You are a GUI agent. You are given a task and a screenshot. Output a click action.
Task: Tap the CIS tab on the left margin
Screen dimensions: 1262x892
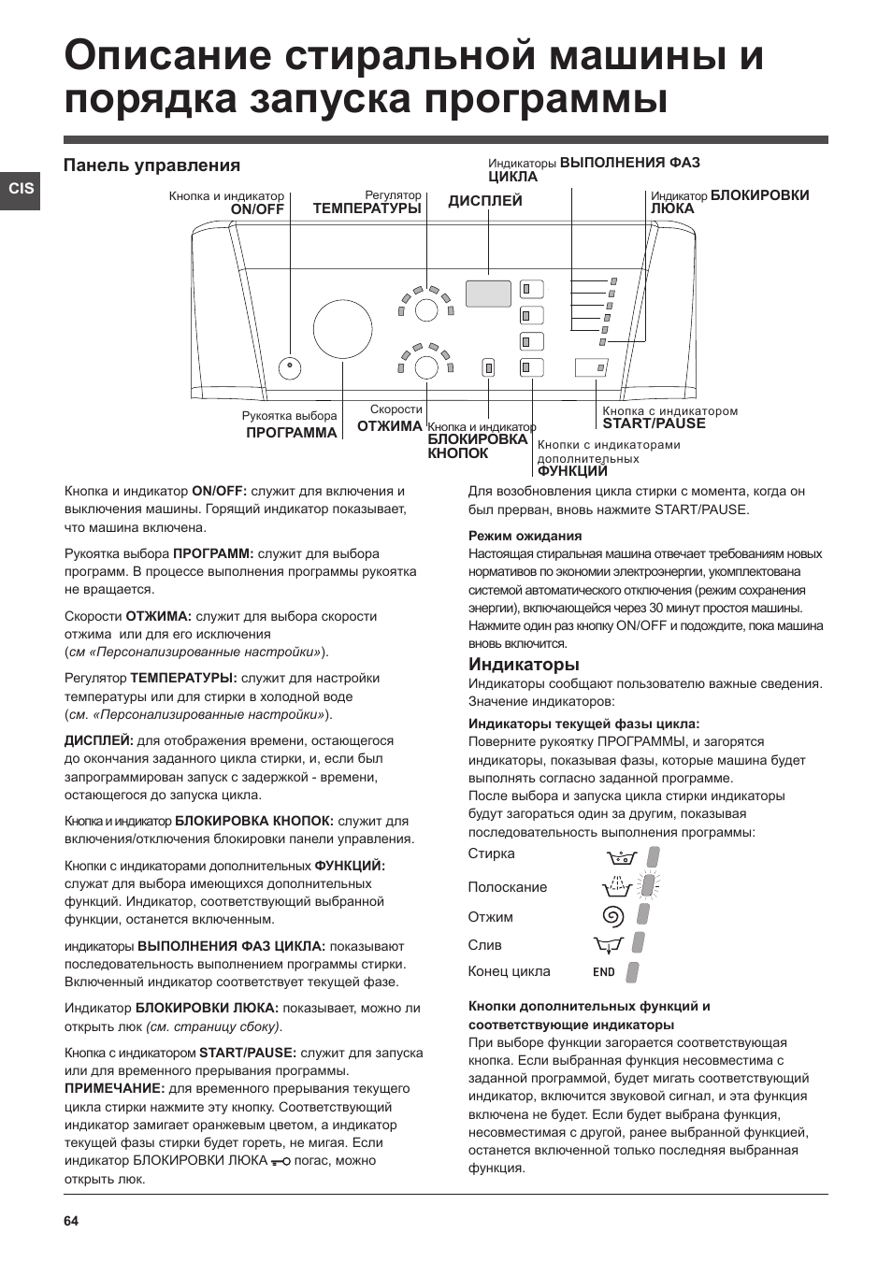tap(21, 189)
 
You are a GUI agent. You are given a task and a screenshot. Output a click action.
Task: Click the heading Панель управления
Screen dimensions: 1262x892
tap(151, 165)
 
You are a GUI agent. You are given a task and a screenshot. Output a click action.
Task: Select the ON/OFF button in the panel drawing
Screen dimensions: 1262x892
tap(290, 367)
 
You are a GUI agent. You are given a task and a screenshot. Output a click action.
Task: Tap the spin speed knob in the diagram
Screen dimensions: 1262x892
tap(426, 367)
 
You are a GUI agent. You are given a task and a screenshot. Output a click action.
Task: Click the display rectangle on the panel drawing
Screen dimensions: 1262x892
tap(488, 294)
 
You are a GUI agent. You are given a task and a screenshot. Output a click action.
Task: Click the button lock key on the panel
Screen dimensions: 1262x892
tap(488, 367)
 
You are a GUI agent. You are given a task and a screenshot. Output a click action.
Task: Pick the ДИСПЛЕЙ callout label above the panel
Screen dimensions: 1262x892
tap(484, 201)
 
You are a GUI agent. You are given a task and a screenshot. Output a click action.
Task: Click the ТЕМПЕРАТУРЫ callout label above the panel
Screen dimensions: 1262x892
tap(367, 208)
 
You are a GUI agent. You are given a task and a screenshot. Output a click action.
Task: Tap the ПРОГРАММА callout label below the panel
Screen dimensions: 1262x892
tap(291, 433)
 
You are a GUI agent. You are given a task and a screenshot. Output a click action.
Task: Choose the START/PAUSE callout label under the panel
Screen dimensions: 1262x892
tap(654, 423)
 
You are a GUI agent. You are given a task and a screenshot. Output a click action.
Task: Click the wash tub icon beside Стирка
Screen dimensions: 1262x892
tap(621, 856)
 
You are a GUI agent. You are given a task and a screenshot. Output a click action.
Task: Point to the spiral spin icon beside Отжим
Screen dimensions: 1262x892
tap(613, 916)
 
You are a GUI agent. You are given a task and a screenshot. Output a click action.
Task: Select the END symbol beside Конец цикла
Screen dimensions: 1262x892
tap(604, 972)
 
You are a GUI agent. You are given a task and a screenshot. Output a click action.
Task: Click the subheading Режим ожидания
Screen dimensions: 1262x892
tap(525, 536)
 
